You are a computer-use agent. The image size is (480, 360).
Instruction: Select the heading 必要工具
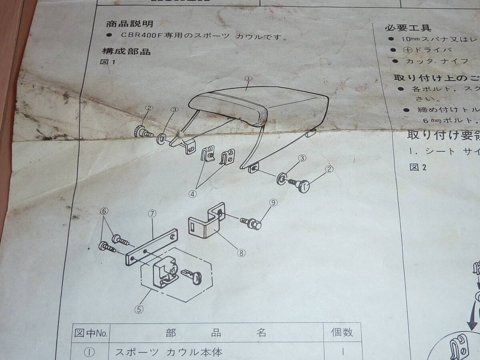pos(408,28)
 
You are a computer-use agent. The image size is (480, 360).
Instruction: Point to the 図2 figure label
pos(418,167)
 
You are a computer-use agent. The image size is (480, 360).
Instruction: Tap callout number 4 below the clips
pos(193,194)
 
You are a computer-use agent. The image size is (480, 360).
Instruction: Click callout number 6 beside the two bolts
pos(105,211)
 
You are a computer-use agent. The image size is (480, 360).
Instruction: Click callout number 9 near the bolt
pos(273,203)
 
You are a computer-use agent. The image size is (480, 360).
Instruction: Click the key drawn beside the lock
pos(191,276)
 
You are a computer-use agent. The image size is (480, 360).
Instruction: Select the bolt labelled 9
pos(251,223)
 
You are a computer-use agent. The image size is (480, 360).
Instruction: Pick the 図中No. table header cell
pos(90,333)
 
